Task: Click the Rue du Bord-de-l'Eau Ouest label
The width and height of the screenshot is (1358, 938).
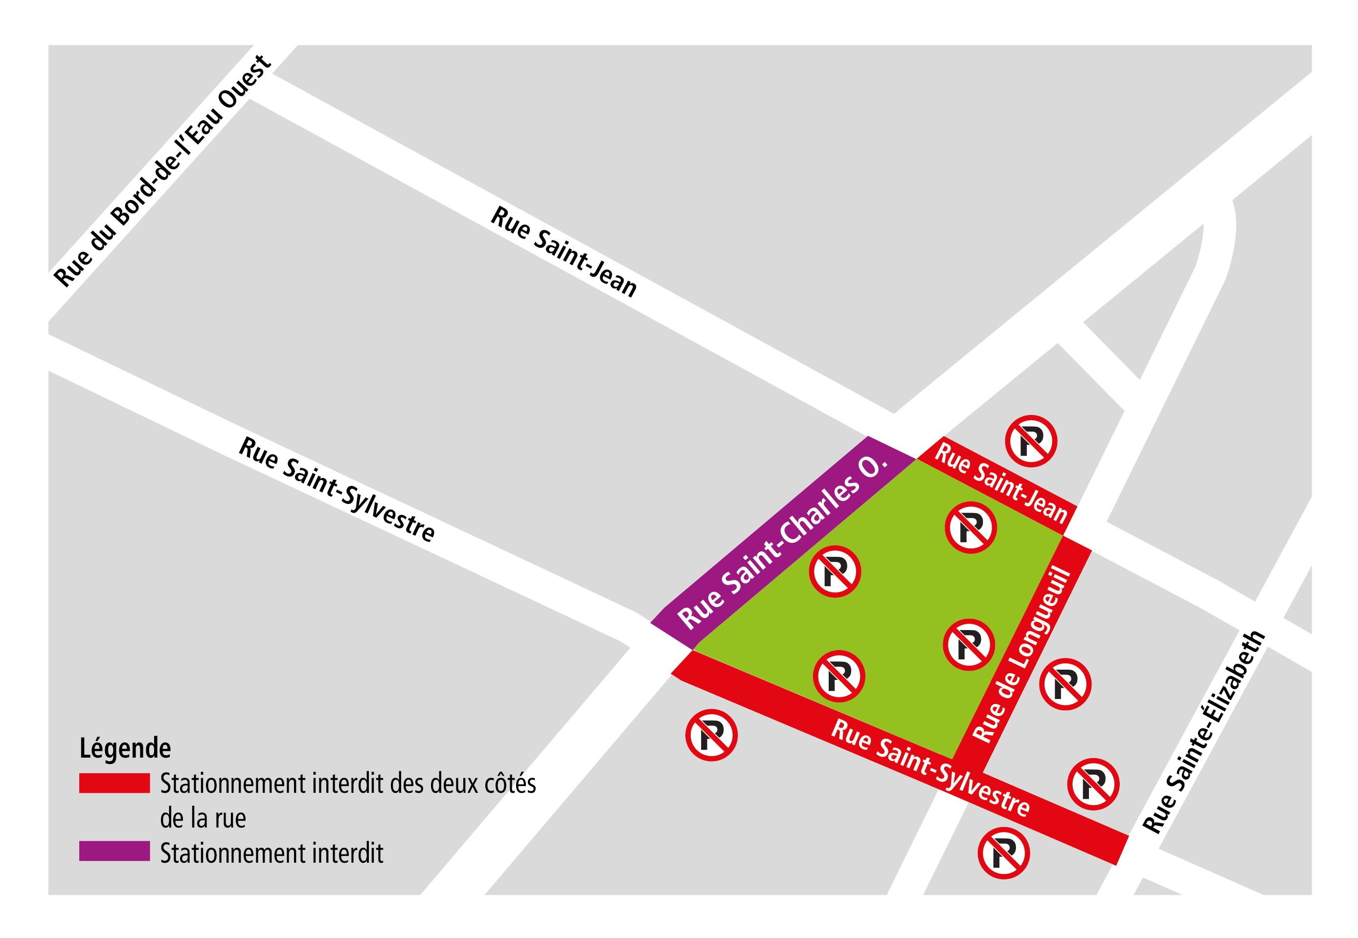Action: [162, 171]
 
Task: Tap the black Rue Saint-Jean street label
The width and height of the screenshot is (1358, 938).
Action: [564, 252]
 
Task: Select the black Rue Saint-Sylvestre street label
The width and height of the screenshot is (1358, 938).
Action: [337, 489]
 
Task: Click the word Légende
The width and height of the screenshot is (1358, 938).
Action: [125, 748]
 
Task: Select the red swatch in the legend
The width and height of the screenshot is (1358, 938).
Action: [114, 783]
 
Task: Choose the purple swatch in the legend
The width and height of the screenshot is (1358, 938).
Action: [114, 851]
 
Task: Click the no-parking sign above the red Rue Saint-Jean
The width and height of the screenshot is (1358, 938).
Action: [1030, 441]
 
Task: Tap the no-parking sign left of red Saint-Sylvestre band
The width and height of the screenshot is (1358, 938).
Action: [711, 735]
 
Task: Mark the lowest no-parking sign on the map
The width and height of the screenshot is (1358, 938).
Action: [1003, 853]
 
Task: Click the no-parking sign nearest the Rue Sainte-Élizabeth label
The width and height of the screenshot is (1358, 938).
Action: [1093, 784]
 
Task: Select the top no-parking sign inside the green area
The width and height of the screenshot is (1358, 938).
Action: [971, 527]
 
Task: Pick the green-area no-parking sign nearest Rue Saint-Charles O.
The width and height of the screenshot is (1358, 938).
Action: [835, 571]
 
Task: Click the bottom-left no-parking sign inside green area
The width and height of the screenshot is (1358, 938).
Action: [838, 676]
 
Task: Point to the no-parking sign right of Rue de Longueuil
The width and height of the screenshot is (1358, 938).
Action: [1065, 684]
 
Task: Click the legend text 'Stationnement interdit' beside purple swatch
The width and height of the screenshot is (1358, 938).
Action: [272, 853]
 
